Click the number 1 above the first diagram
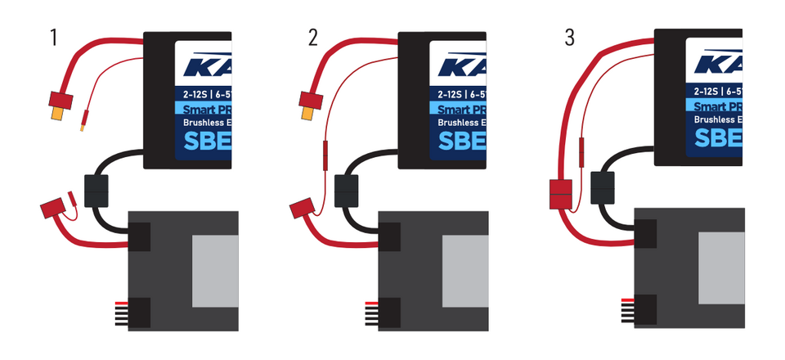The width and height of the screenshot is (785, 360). [x=54, y=38]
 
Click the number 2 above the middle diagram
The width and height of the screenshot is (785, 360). [x=313, y=38]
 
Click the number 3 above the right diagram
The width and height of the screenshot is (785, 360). [x=569, y=38]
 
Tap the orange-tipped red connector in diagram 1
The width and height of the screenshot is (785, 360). [x=60, y=105]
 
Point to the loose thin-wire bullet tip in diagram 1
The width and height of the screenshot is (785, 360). [x=83, y=123]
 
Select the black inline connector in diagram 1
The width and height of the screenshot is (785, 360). [x=96, y=191]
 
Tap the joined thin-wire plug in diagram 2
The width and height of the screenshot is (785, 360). [x=325, y=153]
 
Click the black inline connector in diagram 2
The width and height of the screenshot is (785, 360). [x=348, y=191]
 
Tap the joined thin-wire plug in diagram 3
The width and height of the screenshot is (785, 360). [x=581, y=151]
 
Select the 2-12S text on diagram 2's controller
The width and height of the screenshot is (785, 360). [x=456, y=92]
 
